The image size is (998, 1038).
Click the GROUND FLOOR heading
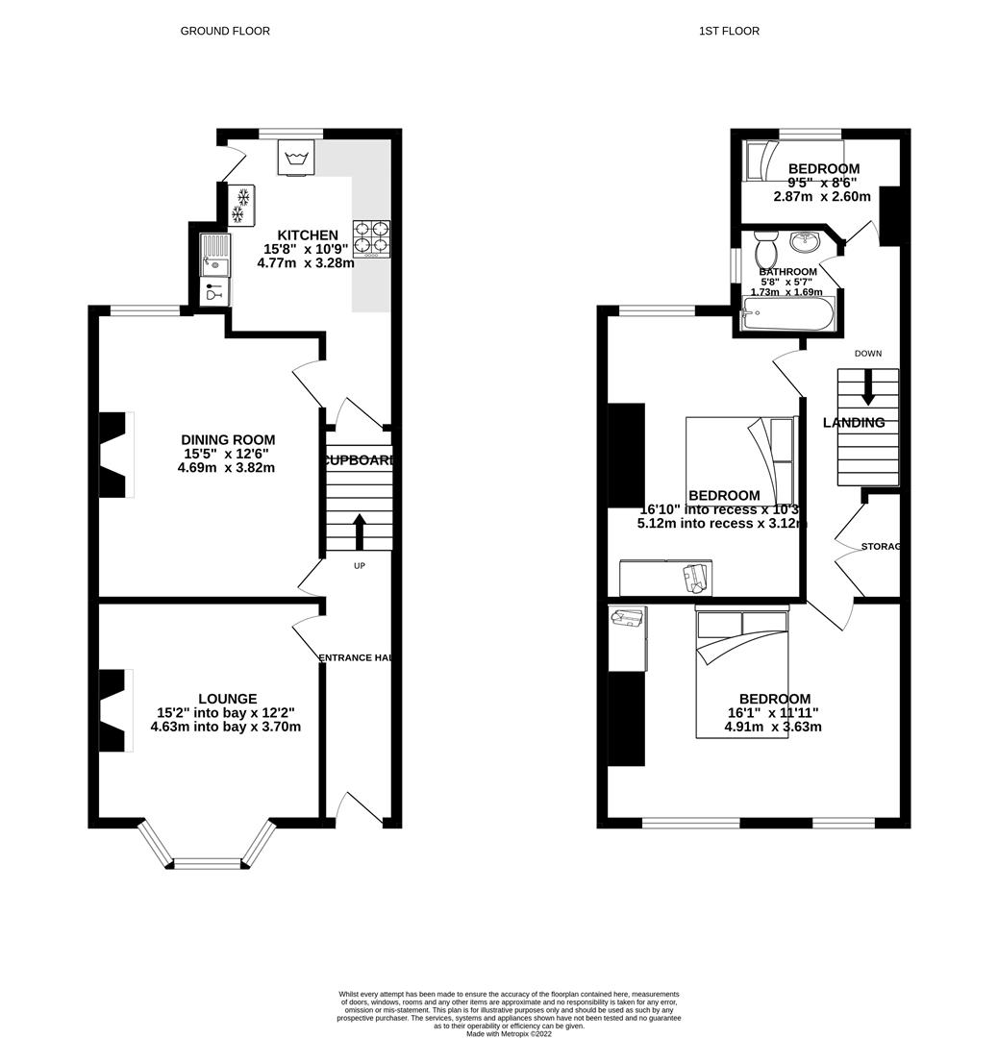225,31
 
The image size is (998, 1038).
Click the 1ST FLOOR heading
729,31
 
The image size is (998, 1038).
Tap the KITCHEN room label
308,235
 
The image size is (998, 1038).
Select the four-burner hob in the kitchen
372,238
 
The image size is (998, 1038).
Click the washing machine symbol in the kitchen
296,158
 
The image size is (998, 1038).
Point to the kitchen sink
214,256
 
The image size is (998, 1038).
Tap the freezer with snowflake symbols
241,205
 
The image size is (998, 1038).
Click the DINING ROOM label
229,440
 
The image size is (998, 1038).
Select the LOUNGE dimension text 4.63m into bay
225,728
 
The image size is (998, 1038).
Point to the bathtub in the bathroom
788,313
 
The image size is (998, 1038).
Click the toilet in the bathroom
767,252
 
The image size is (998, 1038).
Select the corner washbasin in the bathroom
805,240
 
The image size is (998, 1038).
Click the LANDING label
854,423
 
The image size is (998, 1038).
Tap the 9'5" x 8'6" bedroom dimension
823,183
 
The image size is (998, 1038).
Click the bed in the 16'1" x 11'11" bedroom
741,673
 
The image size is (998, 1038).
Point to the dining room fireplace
113,455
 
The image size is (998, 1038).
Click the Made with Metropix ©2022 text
510,1033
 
